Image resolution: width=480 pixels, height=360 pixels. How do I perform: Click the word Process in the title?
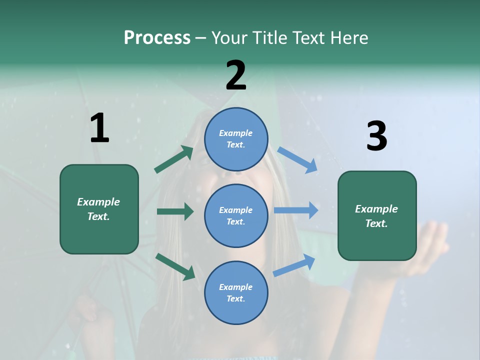pos(157,38)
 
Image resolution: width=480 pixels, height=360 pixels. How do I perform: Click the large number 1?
pos(99,128)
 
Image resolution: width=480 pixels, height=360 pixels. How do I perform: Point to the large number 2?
pos(236,75)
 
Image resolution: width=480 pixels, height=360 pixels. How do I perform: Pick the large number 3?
pos(376,136)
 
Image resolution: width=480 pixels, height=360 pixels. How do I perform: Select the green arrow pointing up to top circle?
pos(174,159)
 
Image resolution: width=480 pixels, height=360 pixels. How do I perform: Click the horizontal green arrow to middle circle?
pos(175,211)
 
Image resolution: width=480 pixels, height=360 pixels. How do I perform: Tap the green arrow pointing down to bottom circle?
pos(175,266)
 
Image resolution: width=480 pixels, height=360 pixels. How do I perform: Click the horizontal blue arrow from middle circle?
pos(296,210)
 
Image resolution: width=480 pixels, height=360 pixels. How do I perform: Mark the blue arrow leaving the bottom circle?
pos(294,265)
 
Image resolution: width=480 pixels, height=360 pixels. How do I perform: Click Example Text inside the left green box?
pos(99,209)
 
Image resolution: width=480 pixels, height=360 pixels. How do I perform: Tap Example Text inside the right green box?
pos(377,216)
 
